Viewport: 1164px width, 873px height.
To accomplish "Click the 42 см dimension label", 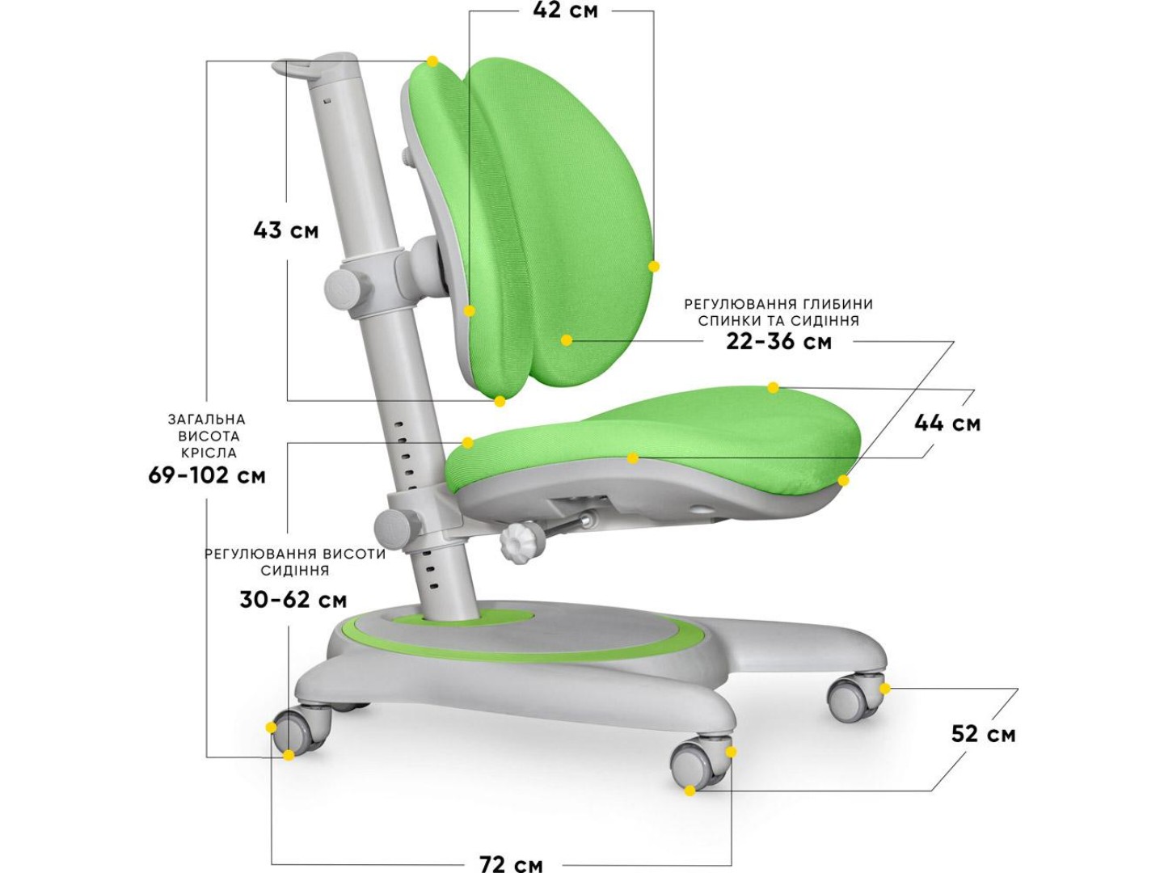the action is coord(565,10).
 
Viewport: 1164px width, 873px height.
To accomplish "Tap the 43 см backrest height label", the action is coord(286,230).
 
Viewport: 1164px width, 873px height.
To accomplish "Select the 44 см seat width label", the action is coord(947,424).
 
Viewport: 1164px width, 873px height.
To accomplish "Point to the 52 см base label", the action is coord(983,735).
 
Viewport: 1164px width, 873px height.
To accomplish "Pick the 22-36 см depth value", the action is coord(779,342).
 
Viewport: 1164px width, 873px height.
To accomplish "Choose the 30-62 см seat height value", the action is coord(293,600).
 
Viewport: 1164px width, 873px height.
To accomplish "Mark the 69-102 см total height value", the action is coord(207,475).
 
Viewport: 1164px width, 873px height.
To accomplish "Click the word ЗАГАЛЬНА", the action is coord(207,420).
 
